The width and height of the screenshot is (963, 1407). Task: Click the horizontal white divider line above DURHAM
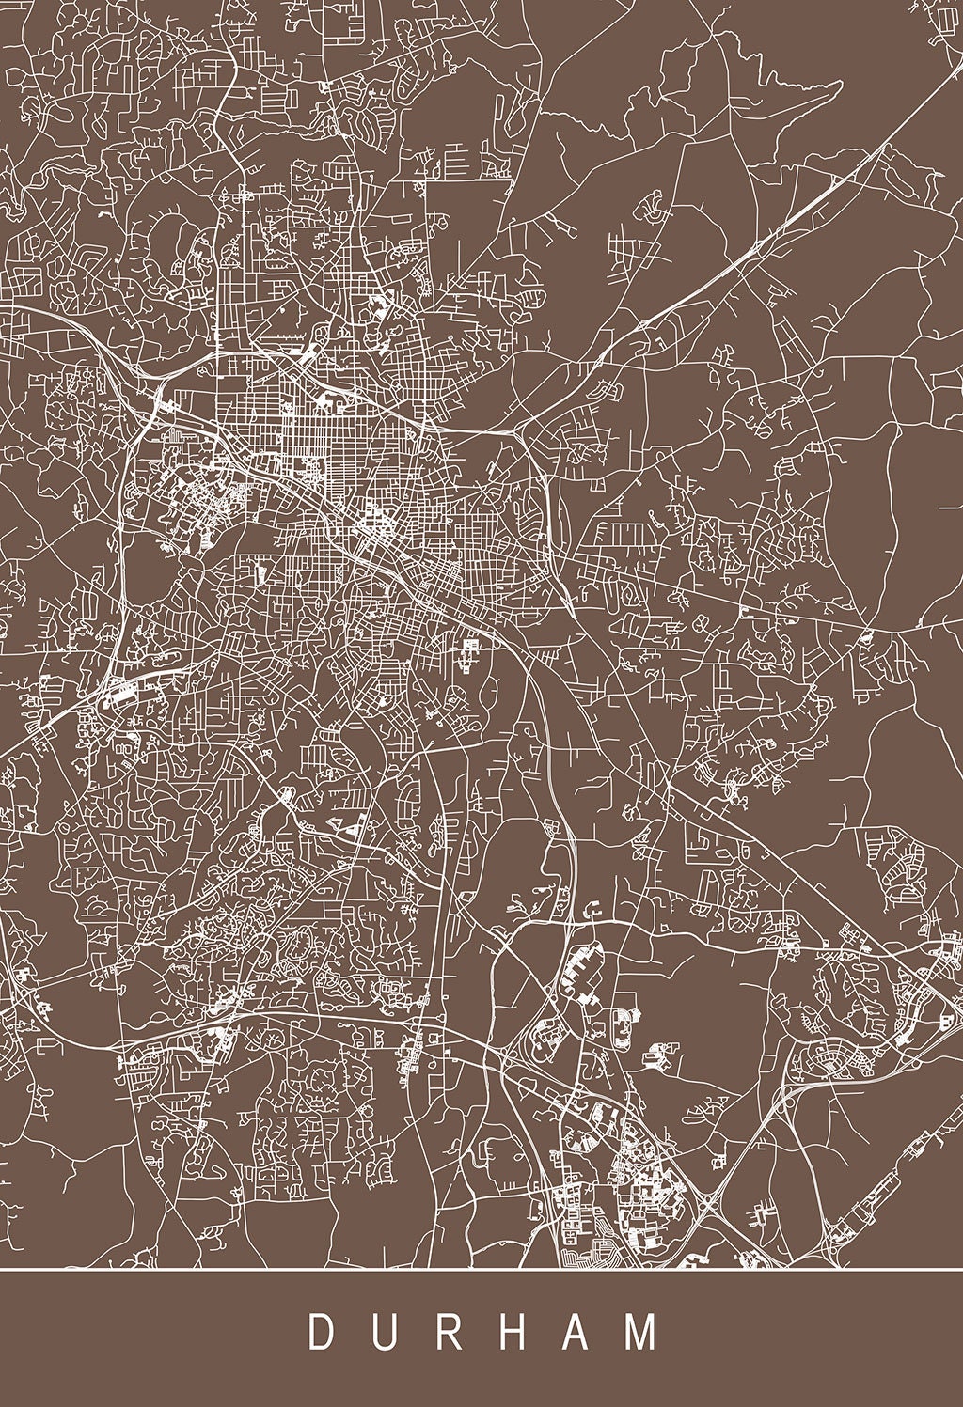[x=481, y=1270]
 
